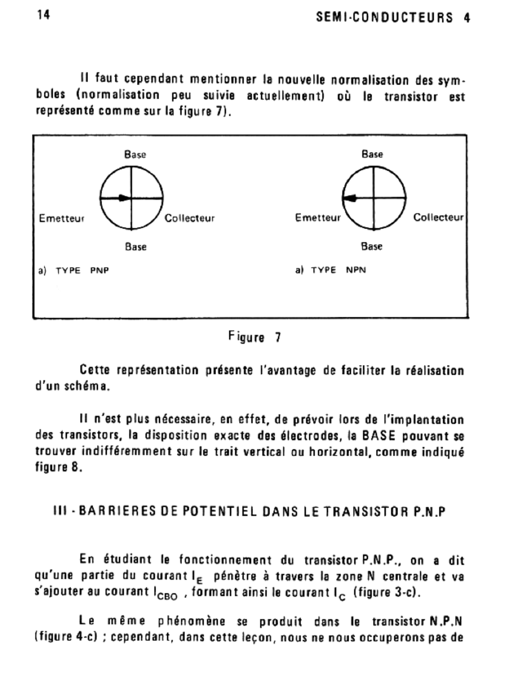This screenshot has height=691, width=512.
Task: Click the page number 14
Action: click(x=44, y=15)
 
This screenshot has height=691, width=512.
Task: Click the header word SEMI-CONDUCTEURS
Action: click(x=385, y=17)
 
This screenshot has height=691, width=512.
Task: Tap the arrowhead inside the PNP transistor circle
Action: click(x=124, y=198)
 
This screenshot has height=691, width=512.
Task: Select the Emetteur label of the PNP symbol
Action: click(x=62, y=218)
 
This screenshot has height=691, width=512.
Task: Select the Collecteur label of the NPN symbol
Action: click(x=438, y=217)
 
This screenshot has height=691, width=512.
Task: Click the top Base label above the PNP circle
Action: click(x=135, y=154)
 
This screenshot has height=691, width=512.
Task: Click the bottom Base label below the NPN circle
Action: click(x=371, y=246)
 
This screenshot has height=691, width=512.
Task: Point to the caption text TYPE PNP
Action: click(x=82, y=270)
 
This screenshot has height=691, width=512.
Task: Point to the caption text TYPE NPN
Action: click(x=338, y=270)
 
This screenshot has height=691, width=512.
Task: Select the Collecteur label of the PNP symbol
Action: click(x=190, y=218)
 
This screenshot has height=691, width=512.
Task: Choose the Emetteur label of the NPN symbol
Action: click(x=318, y=218)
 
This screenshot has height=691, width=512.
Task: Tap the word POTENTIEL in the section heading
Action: click(x=220, y=511)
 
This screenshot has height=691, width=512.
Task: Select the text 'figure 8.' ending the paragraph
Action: click(x=58, y=467)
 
